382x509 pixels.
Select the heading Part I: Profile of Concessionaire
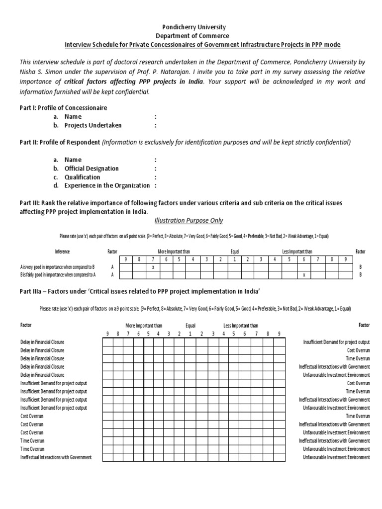[x=63, y=107]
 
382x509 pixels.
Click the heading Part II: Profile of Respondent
[x=59, y=143]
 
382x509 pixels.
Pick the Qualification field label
[x=82, y=177]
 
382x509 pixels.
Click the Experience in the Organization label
[x=107, y=185]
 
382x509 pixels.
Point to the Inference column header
[x=62, y=252]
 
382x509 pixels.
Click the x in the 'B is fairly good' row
[x=304, y=274]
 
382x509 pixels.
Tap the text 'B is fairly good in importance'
[x=58, y=274]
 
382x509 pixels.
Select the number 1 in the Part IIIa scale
[x=190, y=334]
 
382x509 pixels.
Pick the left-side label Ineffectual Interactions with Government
[x=56, y=457]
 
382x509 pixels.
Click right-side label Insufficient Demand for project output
[x=336, y=342]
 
